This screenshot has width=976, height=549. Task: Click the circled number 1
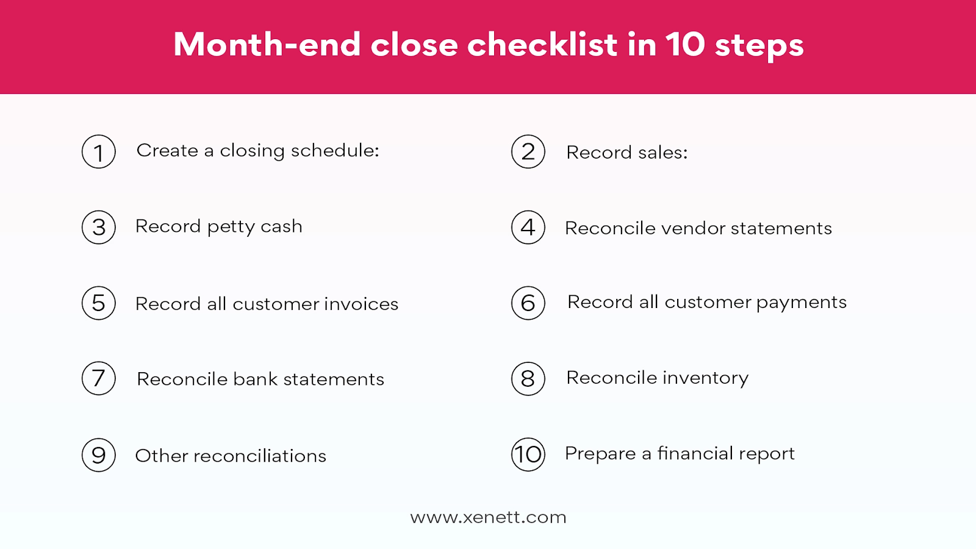tap(99, 152)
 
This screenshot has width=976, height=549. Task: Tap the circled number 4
tap(528, 228)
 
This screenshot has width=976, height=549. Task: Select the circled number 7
tap(99, 378)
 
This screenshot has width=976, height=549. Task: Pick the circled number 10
tap(528, 454)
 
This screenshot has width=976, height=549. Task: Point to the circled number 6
tap(528, 303)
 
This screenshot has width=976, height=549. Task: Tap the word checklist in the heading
tap(543, 45)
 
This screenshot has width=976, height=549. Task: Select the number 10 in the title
tap(685, 45)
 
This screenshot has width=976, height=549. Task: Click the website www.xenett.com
tap(488, 517)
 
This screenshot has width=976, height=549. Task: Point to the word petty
tap(231, 228)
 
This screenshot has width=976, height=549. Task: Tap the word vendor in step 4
tap(693, 228)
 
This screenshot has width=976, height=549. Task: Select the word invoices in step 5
tap(361, 304)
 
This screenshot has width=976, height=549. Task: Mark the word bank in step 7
tap(256, 379)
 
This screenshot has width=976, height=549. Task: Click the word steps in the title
tap(759, 46)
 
